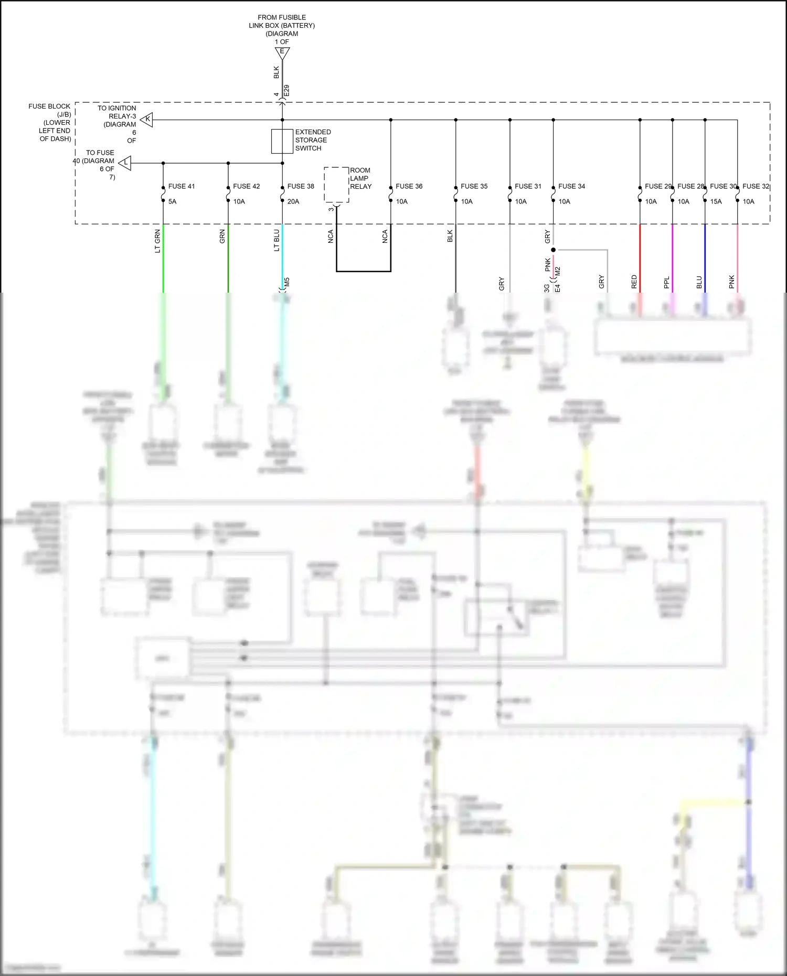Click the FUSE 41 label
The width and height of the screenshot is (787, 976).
(x=181, y=186)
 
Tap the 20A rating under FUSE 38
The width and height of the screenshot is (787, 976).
(x=293, y=201)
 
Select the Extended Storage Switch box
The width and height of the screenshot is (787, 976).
(x=282, y=141)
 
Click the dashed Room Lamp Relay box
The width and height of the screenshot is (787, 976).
(x=336, y=185)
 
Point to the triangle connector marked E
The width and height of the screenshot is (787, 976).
(x=282, y=52)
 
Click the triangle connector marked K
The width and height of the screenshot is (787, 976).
(x=147, y=120)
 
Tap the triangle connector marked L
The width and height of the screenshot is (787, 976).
(x=125, y=163)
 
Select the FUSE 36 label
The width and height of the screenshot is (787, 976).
(x=409, y=186)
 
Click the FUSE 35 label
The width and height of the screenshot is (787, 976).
(x=474, y=186)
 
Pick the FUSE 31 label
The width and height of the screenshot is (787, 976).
(x=528, y=186)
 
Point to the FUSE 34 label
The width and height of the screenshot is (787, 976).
(x=571, y=186)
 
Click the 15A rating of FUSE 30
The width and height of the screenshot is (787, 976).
(x=716, y=201)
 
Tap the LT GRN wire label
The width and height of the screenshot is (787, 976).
(x=157, y=241)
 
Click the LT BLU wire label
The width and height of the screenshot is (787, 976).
(x=276, y=241)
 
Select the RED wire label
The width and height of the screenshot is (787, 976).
(x=634, y=282)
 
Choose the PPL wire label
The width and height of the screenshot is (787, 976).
(x=666, y=283)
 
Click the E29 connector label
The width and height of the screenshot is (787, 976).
(x=286, y=91)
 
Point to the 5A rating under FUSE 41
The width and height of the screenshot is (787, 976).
(x=172, y=201)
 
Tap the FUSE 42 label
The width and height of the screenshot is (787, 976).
(x=246, y=186)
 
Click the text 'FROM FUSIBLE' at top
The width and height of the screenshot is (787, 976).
(x=282, y=17)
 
